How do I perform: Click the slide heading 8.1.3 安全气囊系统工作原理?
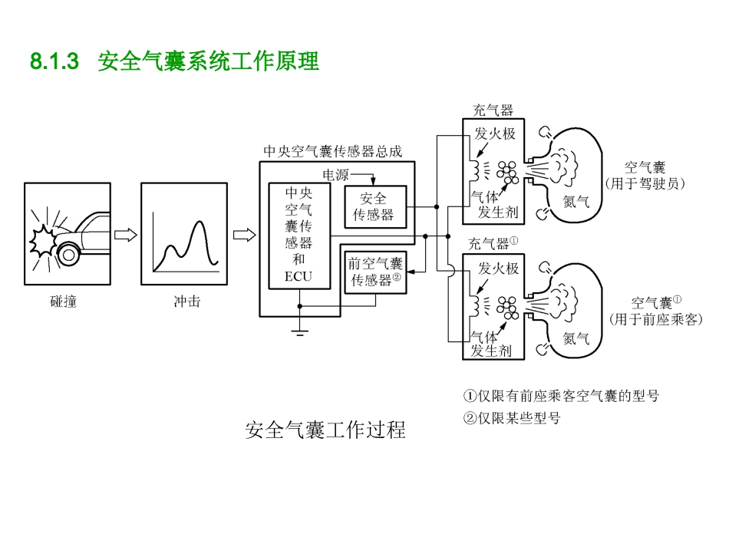pyautogui.click(x=174, y=62)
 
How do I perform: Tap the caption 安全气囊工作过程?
pyautogui.click(x=325, y=430)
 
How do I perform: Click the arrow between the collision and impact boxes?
pyautogui.click(x=125, y=235)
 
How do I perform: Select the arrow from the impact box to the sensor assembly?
pyautogui.click(x=244, y=235)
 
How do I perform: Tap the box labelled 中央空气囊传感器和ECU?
pyautogui.click(x=299, y=234)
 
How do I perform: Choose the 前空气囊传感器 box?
pyautogui.click(x=374, y=272)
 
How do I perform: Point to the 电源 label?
pyautogui.click(x=335, y=175)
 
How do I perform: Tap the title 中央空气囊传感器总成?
pyautogui.click(x=332, y=151)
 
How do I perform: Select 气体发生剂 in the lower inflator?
pyautogui.click(x=490, y=344)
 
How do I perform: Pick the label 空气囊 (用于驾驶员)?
pyautogui.click(x=645, y=175)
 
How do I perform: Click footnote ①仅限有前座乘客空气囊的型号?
pyautogui.click(x=561, y=396)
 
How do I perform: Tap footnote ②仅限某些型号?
pyautogui.click(x=512, y=418)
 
